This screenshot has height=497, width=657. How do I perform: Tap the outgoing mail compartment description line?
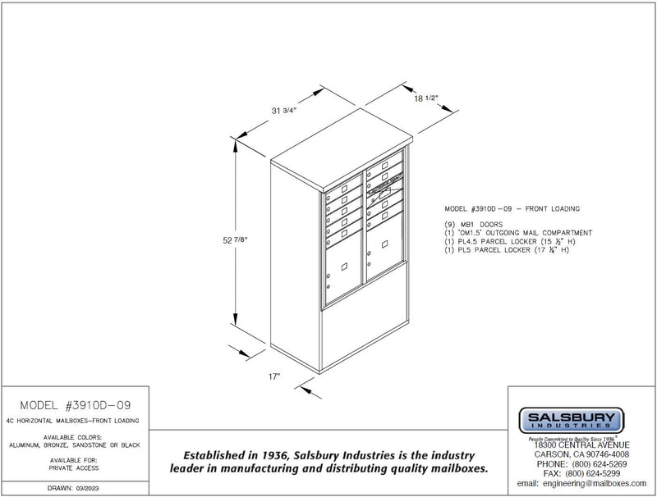[x=517, y=233]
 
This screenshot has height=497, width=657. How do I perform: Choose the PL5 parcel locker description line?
[x=508, y=250]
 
